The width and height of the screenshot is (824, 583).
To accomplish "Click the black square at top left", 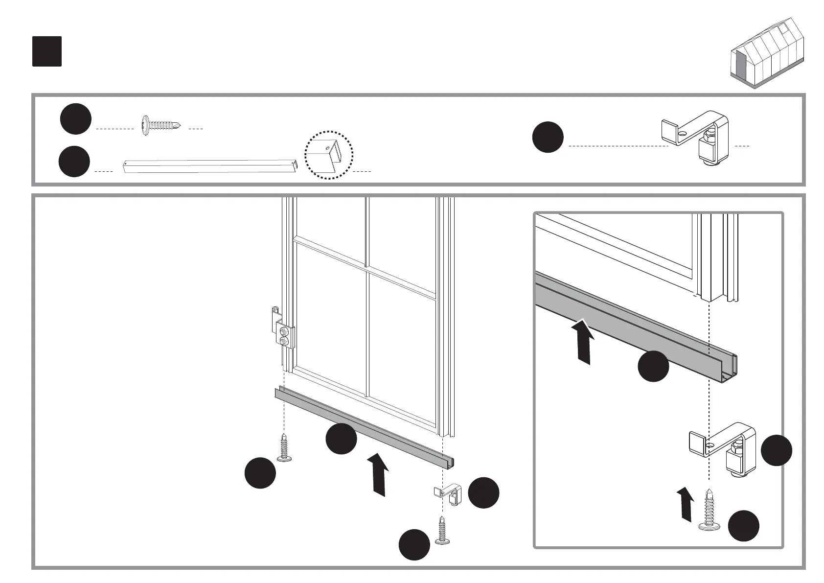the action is (47, 51).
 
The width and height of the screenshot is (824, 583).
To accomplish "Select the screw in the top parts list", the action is (160, 126).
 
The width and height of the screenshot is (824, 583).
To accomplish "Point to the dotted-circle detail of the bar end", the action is (328, 155).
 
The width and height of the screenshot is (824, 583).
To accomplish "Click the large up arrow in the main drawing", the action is (377, 474).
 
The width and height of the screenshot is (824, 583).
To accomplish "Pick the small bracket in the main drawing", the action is (448, 494).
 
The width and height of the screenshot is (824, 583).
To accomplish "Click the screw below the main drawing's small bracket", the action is (442, 531).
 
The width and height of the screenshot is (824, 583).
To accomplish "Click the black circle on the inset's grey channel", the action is (653, 366).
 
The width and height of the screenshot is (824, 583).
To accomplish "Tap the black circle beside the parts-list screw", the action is (76, 119).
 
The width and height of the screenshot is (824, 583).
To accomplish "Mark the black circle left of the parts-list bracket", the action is (548, 138).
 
